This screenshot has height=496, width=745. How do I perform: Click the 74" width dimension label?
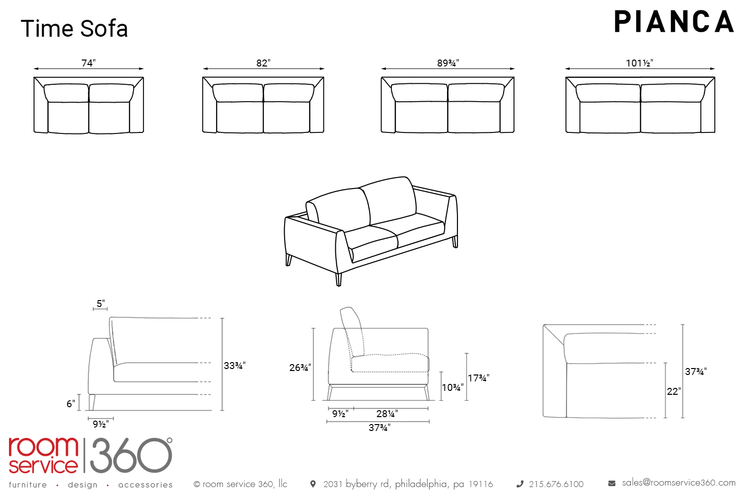click(x=89, y=63)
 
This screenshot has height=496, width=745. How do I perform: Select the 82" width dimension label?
click(x=263, y=63)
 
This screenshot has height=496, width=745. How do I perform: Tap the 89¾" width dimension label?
click(x=448, y=63)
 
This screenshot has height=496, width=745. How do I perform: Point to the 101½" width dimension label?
click(x=640, y=63)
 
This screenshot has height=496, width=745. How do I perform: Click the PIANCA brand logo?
click(x=674, y=22)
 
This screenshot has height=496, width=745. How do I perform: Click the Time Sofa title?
click(x=74, y=29)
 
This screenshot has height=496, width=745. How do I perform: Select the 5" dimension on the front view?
click(x=101, y=304)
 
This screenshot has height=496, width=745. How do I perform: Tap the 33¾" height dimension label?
click(x=235, y=366)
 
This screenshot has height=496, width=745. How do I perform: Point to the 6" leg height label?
click(x=71, y=404)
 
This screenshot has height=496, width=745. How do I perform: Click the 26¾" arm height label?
click(x=300, y=368)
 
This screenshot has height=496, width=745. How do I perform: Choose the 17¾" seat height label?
click(x=479, y=378)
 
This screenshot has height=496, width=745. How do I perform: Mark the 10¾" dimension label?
click(x=452, y=387)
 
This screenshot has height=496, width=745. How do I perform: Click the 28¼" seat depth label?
click(x=387, y=414)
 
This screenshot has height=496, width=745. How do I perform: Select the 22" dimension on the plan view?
click(x=674, y=391)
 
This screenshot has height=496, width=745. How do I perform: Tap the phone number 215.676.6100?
click(x=556, y=484)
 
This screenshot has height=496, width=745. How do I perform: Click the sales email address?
click(x=679, y=483)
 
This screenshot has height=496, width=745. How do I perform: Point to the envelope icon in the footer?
click(x=611, y=484)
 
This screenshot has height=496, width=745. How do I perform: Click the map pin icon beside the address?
click(x=313, y=484)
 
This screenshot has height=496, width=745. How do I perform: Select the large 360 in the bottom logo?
click(x=131, y=455)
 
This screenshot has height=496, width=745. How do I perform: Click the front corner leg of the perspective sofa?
click(x=339, y=279)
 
